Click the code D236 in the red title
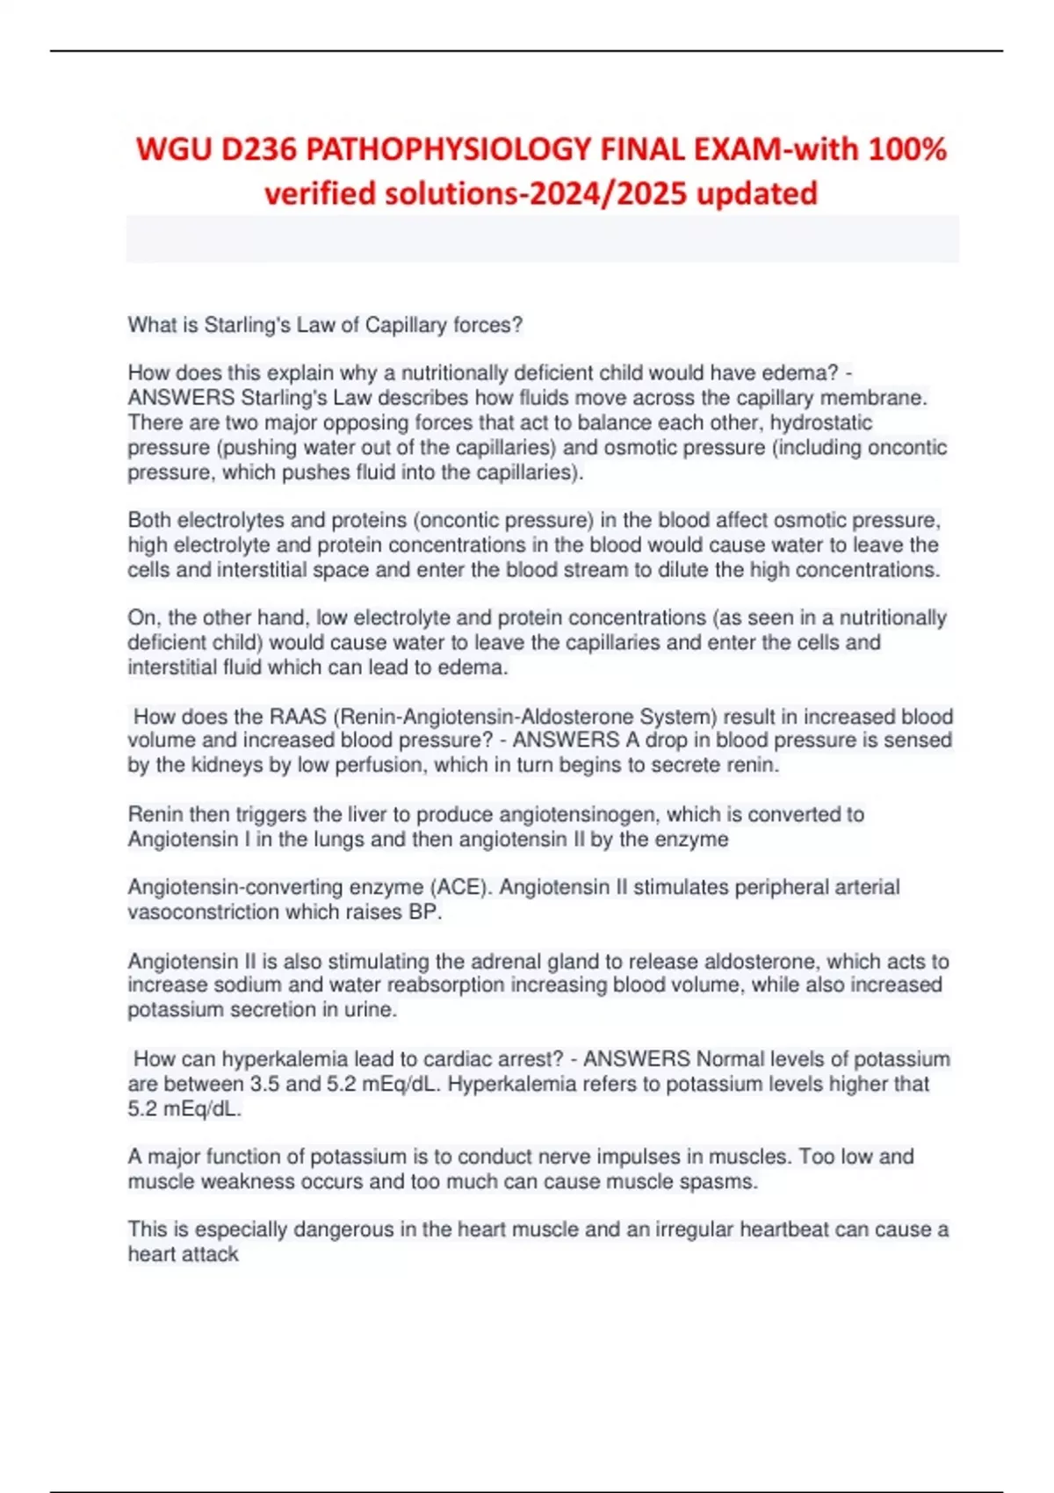tap(257, 150)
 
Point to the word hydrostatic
tap(821, 422)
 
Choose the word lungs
tap(336, 839)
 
